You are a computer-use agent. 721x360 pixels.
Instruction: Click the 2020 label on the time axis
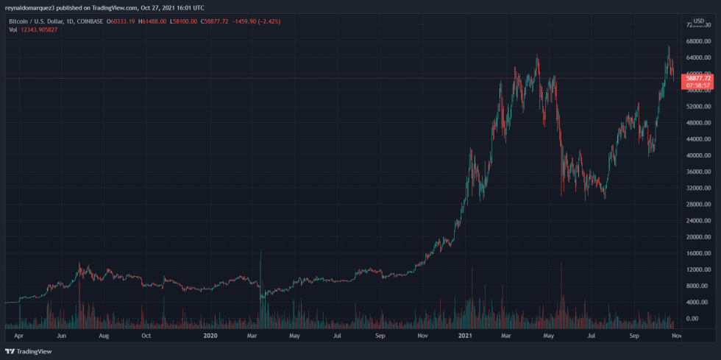[210, 336]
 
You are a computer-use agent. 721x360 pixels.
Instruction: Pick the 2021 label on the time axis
[465, 336]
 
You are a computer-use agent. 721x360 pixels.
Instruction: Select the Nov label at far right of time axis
[677, 336]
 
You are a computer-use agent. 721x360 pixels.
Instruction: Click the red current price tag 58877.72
[697, 77]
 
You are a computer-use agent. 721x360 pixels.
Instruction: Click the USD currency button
[698, 21]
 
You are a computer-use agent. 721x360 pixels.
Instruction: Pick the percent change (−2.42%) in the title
[266, 21]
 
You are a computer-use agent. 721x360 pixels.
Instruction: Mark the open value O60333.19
[122, 21]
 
